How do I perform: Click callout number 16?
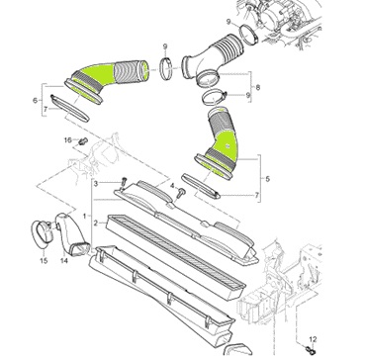point(67,140)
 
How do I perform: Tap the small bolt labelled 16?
point(82,141)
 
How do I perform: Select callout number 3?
point(96,183)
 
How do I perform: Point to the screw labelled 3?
point(124,182)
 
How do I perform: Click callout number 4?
point(172,186)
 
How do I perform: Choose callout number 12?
point(313,339)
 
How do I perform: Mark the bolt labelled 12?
point(310,348)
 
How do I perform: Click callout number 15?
point(44,261)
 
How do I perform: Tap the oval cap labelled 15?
point(42,234)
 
